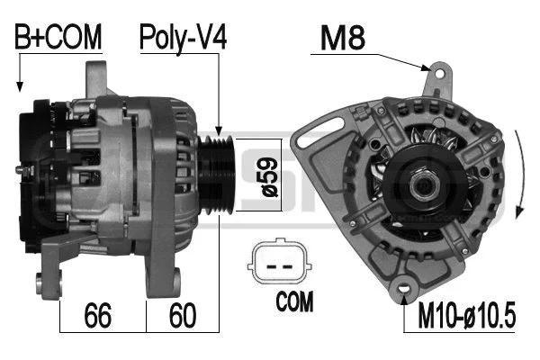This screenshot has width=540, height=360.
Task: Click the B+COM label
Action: [x=58, y=37]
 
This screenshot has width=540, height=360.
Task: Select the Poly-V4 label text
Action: [x=182, y=37]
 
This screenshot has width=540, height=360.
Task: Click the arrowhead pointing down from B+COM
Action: [x=19, y=86]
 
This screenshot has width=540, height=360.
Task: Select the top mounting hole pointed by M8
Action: [x=439, y=73]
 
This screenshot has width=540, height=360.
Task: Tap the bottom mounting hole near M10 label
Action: [x=401, y=290]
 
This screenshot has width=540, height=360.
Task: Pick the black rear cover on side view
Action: [x=40, y=171]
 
